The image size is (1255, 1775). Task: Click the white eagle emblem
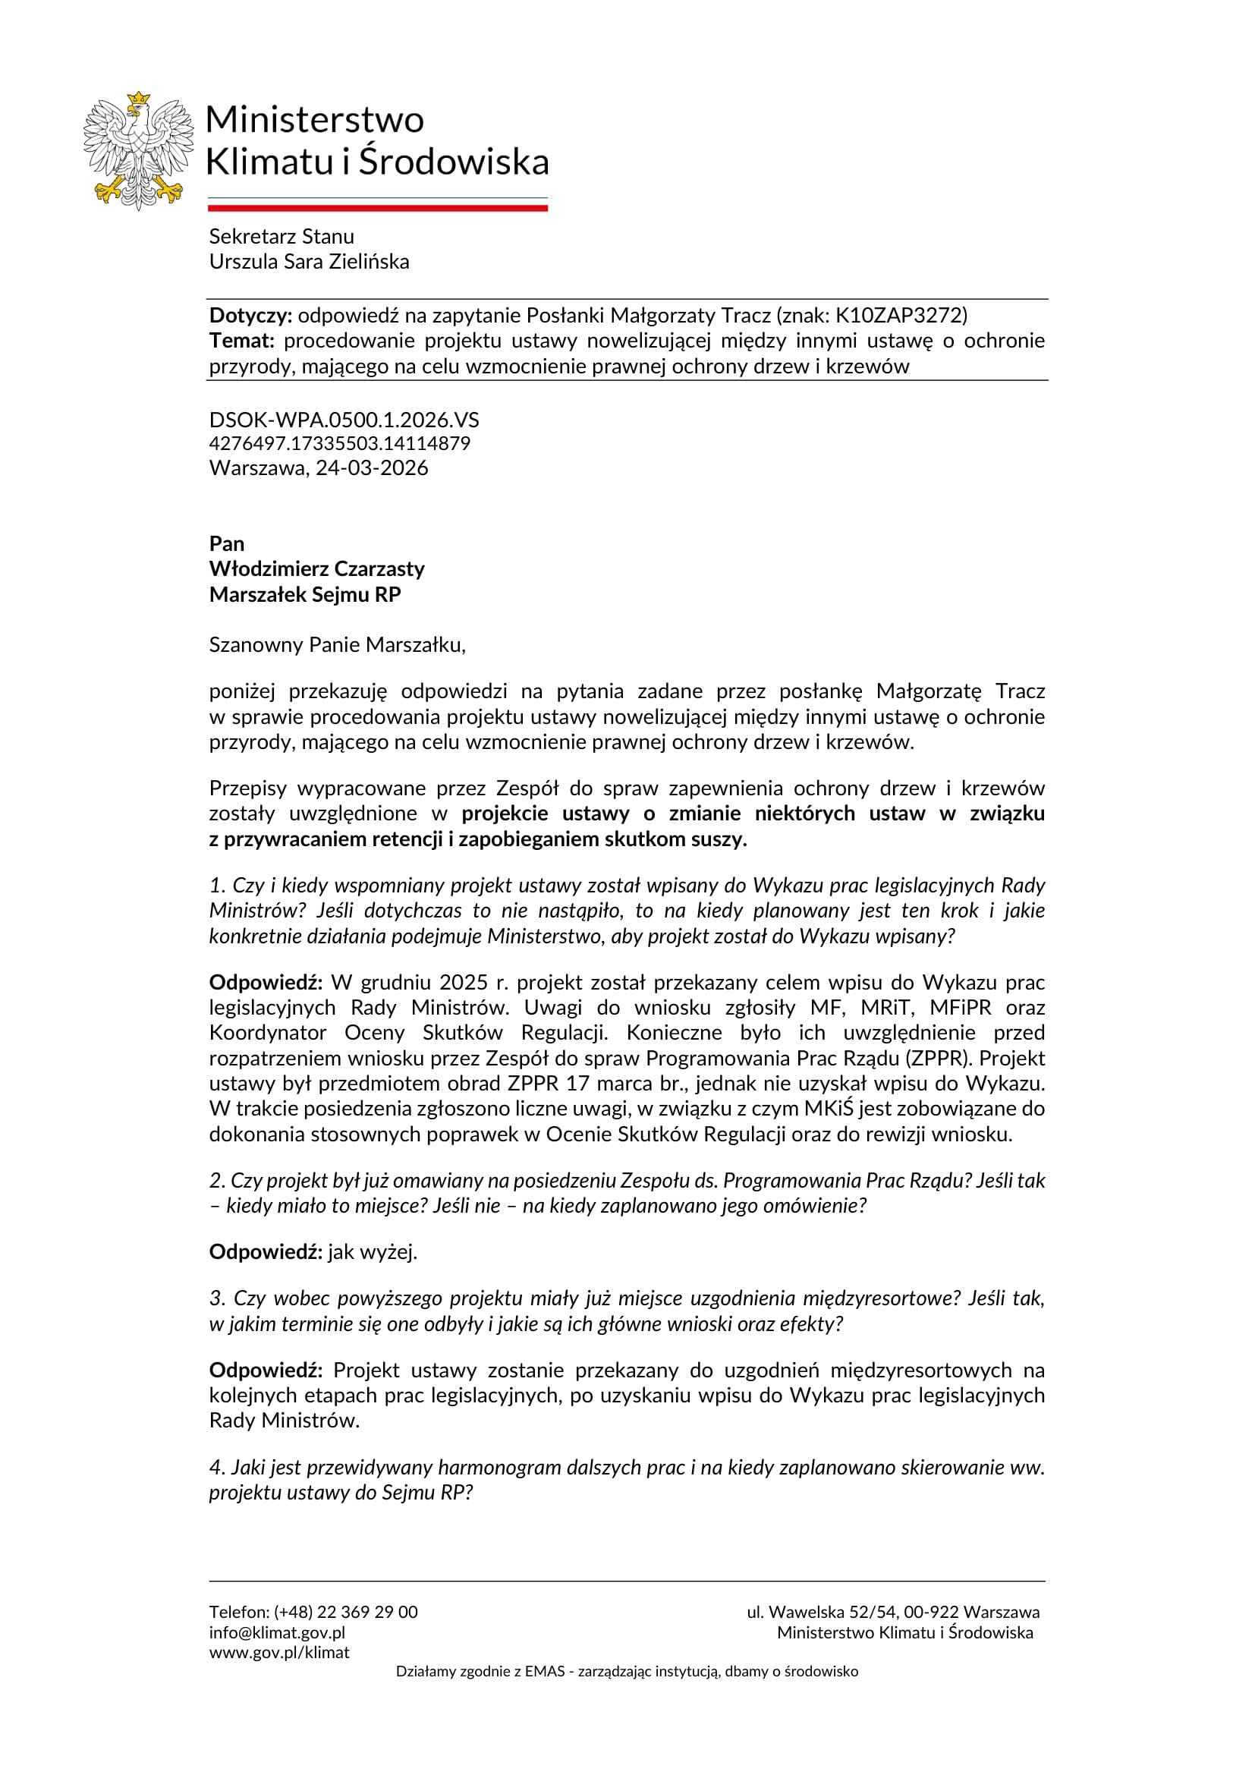coord(137,151)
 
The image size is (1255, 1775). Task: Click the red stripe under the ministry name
coord(377,208)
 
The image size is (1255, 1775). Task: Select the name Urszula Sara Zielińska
coord(309,262)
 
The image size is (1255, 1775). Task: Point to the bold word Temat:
coord(242,341)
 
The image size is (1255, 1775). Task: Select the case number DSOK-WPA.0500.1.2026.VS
coord(344,420)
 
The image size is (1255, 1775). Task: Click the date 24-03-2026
coord(372,468)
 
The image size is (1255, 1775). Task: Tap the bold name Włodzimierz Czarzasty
coord(317,569)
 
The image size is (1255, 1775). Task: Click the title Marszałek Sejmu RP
coord(305,594)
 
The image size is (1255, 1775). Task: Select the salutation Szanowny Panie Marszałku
coord(337,645)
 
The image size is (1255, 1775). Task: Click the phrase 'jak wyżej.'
coord(373,1252)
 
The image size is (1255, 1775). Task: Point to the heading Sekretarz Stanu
coord(282,237)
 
